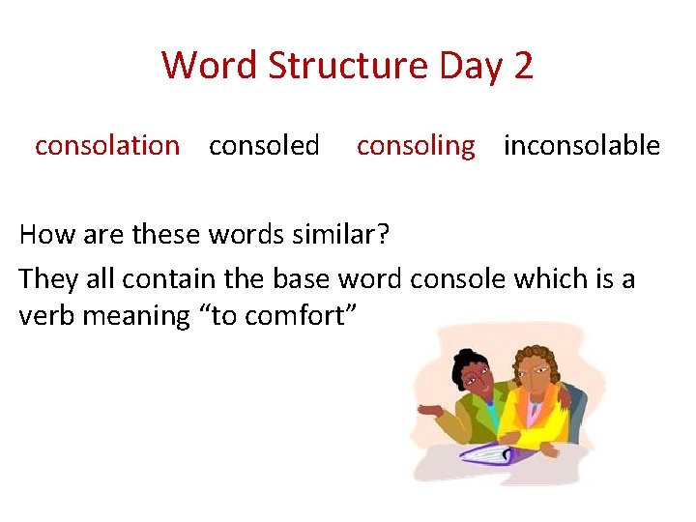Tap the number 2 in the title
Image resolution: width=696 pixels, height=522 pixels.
[522, 66]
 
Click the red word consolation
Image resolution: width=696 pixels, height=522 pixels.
[107, 146]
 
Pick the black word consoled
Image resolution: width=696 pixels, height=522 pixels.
[264, 146]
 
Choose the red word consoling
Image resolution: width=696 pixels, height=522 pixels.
[416, 146]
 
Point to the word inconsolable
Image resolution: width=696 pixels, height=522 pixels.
[582, 146]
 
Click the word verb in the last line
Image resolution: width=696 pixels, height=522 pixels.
[44, 316]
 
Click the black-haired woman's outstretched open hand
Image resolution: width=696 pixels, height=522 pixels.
[430, 410]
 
